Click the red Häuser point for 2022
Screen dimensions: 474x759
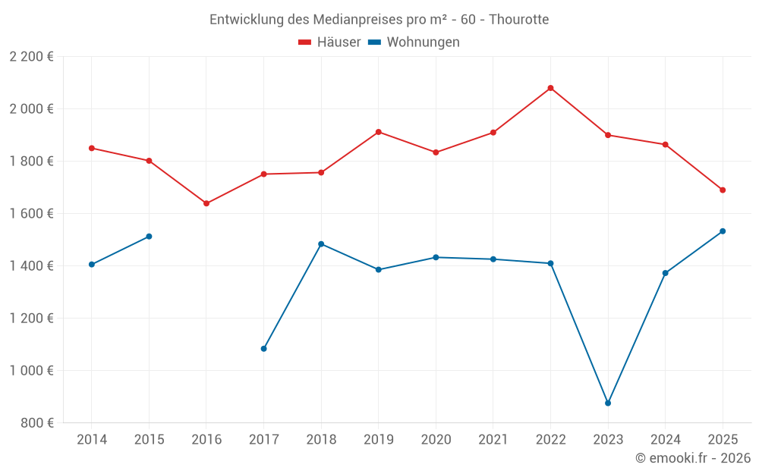tap(550, 88)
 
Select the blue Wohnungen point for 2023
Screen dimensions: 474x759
tap(608, 403)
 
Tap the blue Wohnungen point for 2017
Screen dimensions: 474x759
tap(263, 349)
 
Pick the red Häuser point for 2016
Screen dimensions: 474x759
tap(206, 203)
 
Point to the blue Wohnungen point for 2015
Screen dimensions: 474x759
tap(149, 237)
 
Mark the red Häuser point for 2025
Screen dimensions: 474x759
tap(723, 190)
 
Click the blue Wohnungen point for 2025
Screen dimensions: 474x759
tap(723, 231)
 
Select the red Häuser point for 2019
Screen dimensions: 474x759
tap(379, 132)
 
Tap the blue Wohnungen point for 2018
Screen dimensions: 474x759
tap(321, 244)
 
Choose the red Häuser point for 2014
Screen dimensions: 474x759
tap(92, 148)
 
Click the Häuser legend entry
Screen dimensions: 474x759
tap(329, 42)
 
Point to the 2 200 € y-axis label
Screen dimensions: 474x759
tap(31, 57)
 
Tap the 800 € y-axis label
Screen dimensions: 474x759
tap(38, 423)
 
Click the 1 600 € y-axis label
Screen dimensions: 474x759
tap(31, 214)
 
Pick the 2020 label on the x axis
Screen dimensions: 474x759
tap(436, 440)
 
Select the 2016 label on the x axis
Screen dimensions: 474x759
tap(206, 440)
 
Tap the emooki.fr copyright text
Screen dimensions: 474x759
tap(693, 458)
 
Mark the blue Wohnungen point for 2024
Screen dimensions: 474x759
tap(665, 273)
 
